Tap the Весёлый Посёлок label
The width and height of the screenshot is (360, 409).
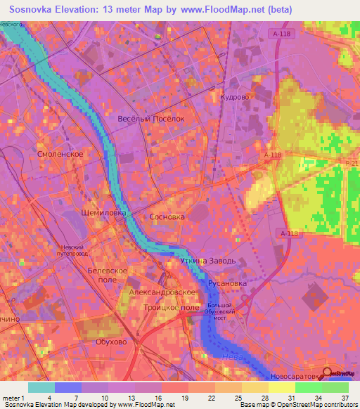[150, 119]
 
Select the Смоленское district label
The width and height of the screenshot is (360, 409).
[60, 153]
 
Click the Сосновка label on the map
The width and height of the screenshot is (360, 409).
[167, 217]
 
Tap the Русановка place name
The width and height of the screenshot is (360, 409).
[227, 284]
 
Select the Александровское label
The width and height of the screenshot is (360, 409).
[161, 291]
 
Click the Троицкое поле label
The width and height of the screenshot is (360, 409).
[170, 308]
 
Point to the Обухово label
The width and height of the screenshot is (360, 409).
[110, 342]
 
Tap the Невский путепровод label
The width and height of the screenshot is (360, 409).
[78, 251]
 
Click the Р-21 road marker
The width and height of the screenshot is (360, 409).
[352, 162]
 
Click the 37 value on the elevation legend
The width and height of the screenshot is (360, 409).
[345, 398]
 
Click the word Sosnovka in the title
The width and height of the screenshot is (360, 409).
[34, 9]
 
